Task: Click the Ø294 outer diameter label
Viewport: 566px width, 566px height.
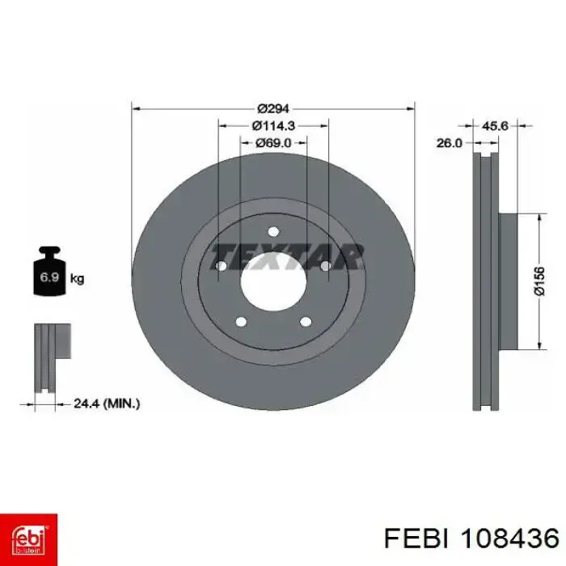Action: coord(273,108)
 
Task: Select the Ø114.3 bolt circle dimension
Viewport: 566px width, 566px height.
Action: coord(273,125)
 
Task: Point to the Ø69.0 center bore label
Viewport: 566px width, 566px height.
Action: coord(273,143)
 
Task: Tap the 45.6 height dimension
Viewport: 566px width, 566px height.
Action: coord(495,125)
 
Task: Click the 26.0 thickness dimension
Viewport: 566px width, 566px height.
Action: coord(449,143)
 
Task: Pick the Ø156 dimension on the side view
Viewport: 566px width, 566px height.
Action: coord(539,281)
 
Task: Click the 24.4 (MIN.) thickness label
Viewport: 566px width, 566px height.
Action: coord(107,403)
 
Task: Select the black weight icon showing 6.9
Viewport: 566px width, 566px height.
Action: coord(49,271)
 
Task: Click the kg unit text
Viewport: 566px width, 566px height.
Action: coord(77,278)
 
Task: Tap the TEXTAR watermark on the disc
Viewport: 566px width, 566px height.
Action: coord(286,256)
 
